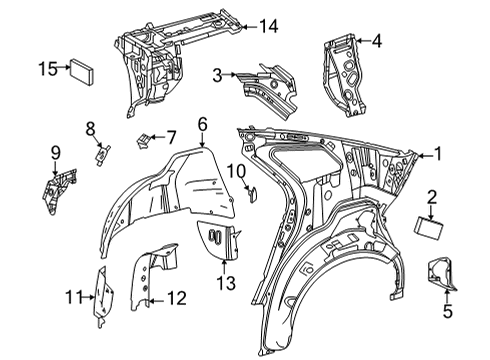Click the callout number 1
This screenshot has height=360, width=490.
click(436, 155)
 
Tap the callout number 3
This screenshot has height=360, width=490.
click(217, 73)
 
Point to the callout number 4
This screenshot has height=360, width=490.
click(376, 41)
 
